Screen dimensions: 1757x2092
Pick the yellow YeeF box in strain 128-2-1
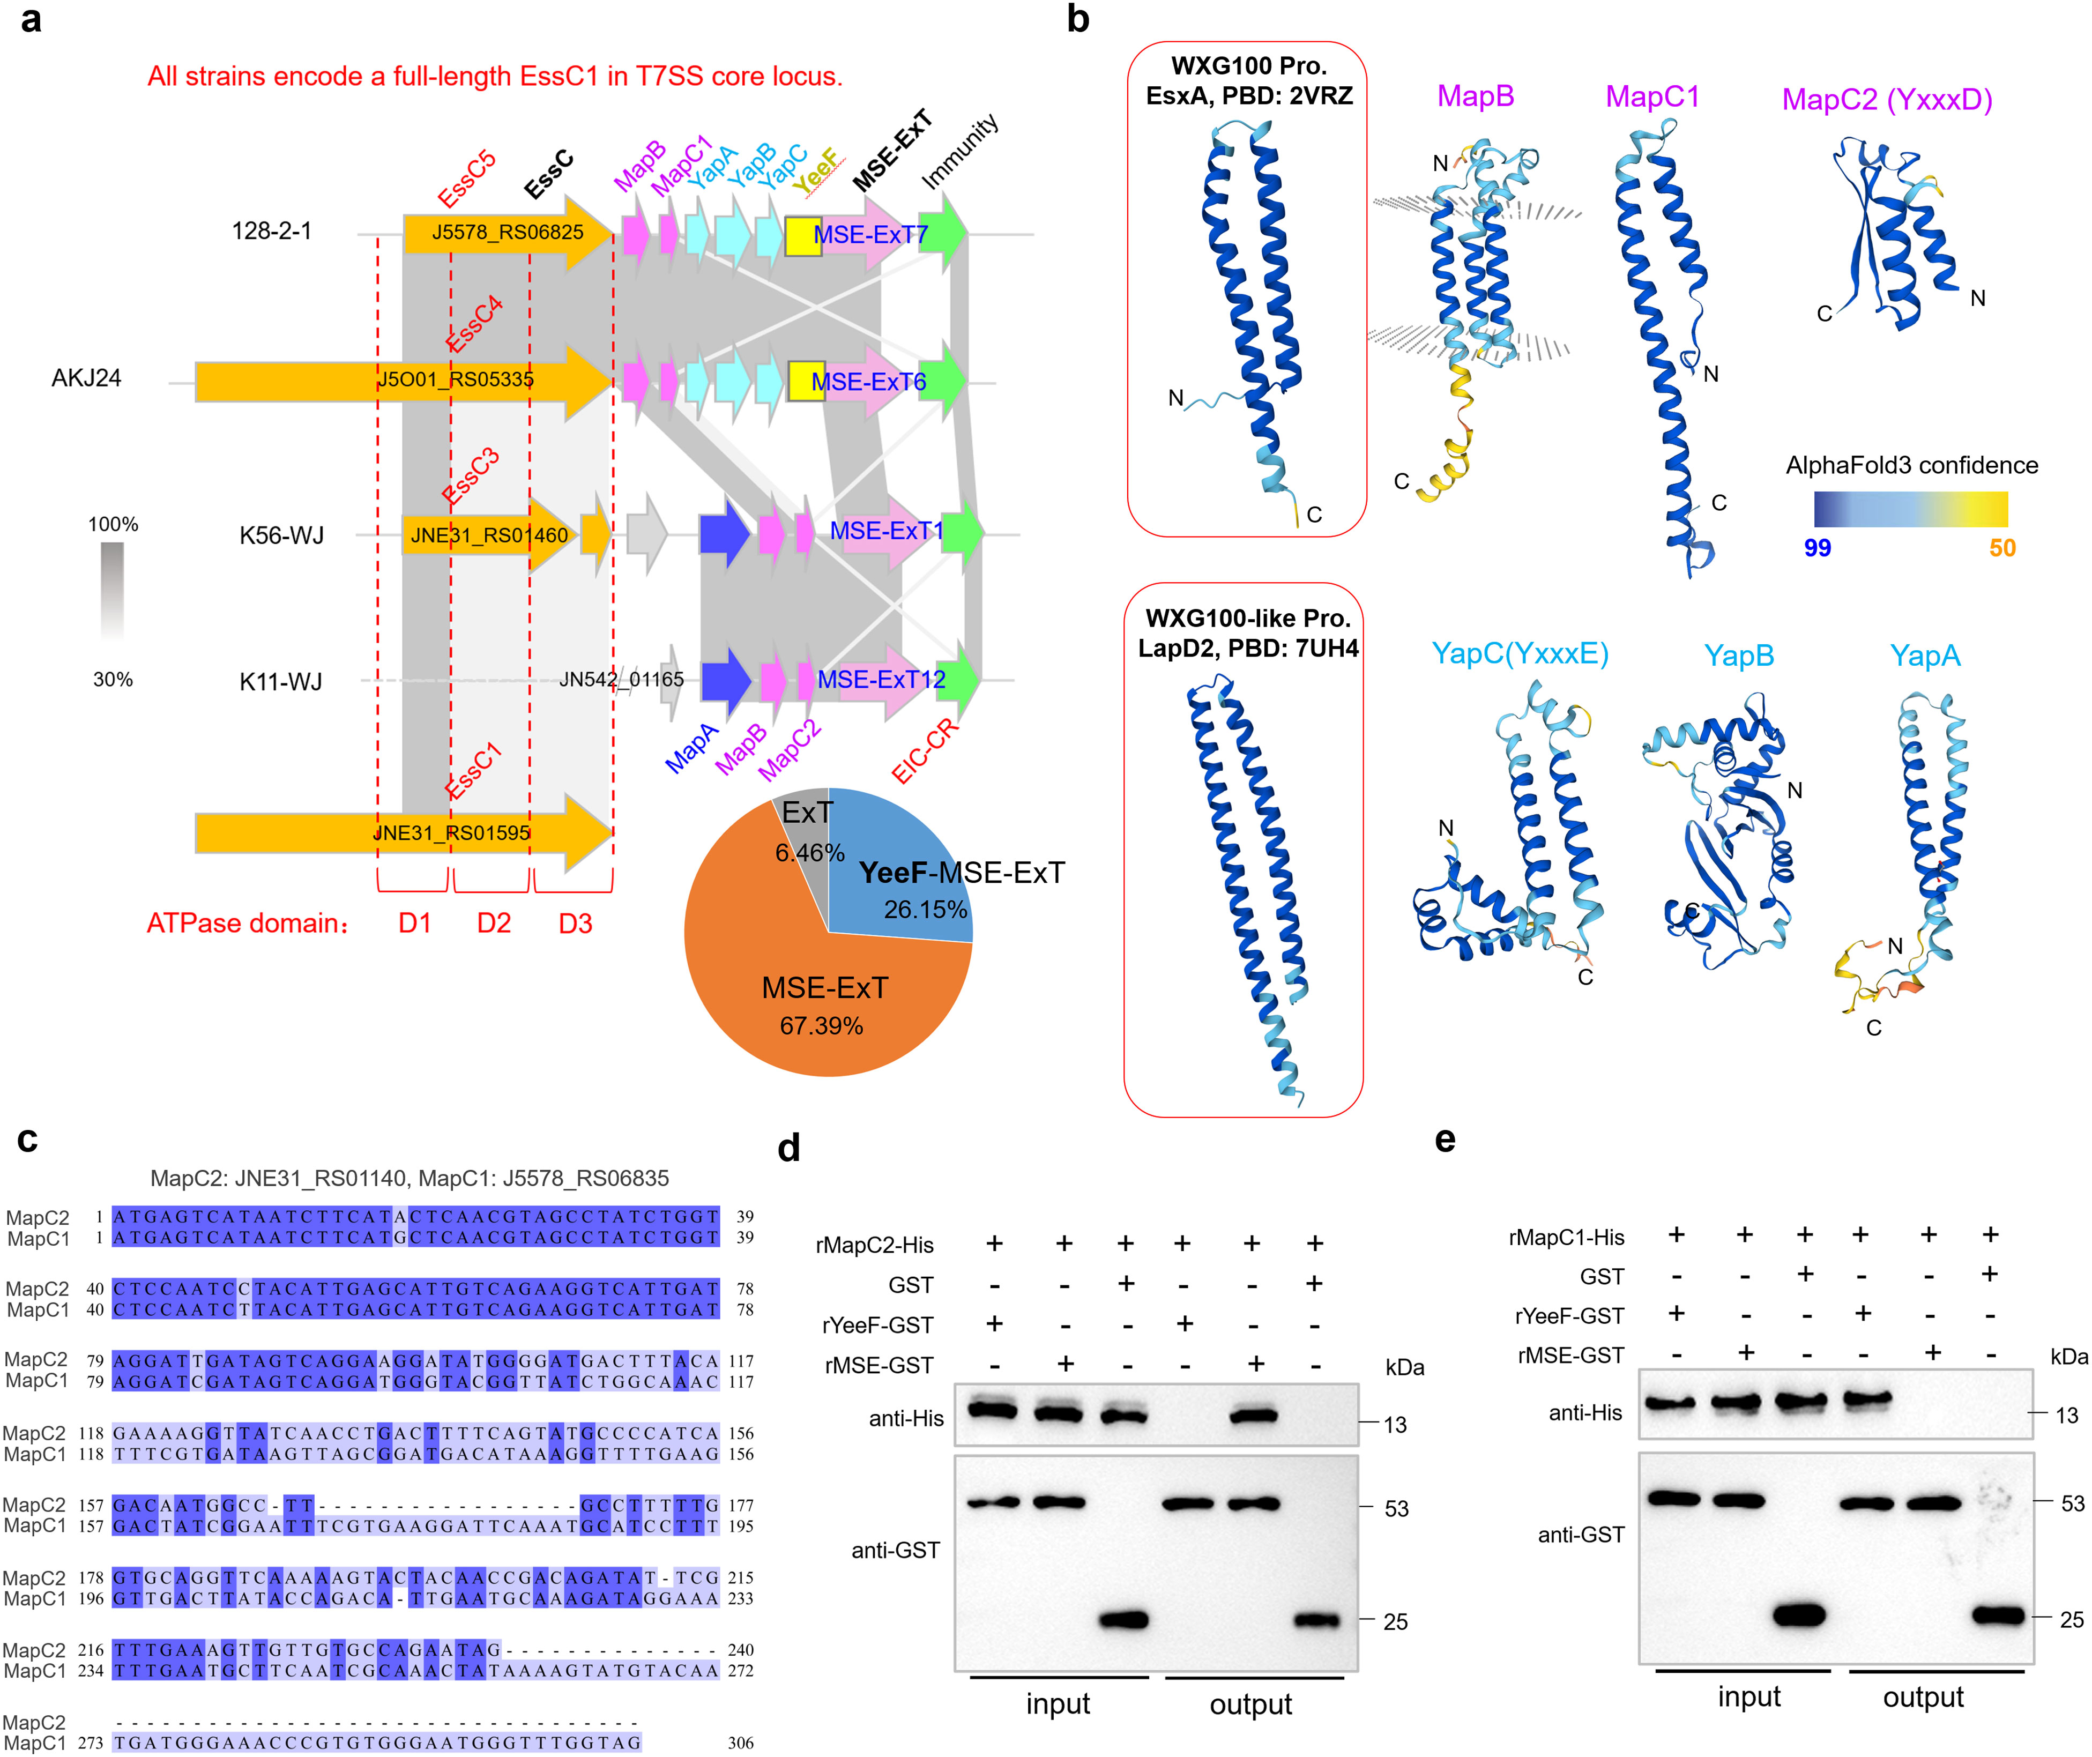coord(803,236)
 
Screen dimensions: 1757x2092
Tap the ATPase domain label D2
coord(493,924)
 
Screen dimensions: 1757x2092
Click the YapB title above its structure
coord(1738,656)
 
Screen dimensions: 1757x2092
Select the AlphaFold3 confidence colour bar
coord(1910,509)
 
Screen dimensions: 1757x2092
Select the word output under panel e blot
coord(1923,1698)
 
